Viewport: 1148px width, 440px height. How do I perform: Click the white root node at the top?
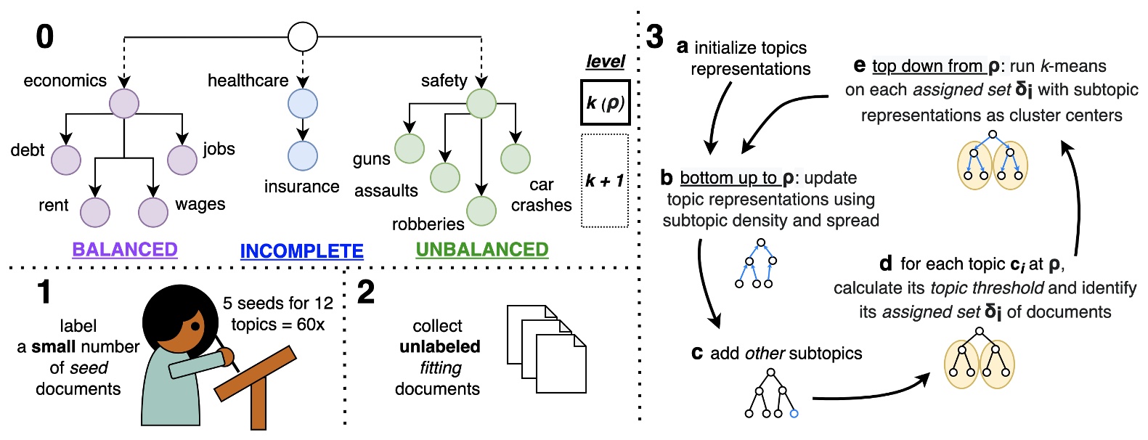tap(303, 37)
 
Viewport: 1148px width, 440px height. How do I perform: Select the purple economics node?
tap(124, 103)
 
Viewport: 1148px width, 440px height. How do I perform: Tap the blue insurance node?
tap(303, 156)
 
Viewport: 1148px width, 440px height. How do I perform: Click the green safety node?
tap(481, 103)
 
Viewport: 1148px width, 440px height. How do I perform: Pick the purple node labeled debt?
tap(66, 160)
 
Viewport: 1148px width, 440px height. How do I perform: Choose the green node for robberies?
tap(481, 211)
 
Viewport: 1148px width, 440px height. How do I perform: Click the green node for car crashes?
tap(516, 158)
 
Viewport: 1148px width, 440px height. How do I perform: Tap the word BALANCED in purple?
tap(125, 250)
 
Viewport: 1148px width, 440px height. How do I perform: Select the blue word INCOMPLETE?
tap(301, 251)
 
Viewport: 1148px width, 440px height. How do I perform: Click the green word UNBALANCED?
tap(481, 250)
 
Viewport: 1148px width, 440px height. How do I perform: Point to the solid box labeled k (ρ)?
tap(605, 103)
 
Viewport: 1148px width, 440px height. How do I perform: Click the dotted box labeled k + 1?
tap(605, 181)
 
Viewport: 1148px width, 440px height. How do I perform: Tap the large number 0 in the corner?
tap(45, 36)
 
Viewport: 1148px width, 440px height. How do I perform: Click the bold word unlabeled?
tap(440, 346)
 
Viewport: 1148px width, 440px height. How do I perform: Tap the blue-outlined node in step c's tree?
tap(794, 413)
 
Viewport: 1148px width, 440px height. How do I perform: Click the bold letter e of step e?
tap(860, 66)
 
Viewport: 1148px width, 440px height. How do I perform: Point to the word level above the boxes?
tap(605, 62)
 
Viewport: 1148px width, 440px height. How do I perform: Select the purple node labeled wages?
tap(153, 212)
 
